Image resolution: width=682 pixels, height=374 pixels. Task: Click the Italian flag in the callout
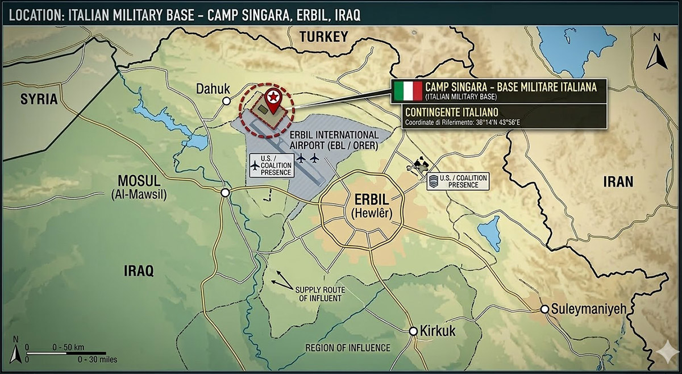(x=407, y=90)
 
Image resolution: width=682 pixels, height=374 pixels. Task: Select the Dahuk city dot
(x=226, y=101)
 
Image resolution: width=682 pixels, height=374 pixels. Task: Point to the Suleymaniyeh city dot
(x=544, y=310)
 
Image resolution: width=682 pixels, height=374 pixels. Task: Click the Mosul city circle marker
(x=226, y=193)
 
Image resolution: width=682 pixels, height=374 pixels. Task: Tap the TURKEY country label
(x=323, y=37)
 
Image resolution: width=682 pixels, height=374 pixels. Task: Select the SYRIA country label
(x=39, y=99)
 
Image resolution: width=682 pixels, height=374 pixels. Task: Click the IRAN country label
(x=617, y=181)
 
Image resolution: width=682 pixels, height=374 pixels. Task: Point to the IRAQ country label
(x=139, y=271)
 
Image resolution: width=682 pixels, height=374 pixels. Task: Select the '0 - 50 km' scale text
(x=68, y=347)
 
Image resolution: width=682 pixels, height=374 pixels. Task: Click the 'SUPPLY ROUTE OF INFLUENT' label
(x=318, y=294)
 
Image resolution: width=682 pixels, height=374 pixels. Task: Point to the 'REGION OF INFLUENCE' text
(x=347, y=348)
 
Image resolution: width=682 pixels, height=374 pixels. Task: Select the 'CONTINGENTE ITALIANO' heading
(x=452, y=113)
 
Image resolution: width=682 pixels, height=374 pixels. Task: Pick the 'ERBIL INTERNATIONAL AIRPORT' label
(x=334, y=140)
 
